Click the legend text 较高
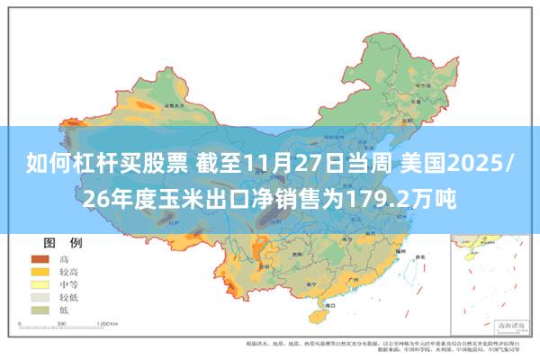tap(67, 271)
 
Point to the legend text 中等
tap(67, 283)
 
